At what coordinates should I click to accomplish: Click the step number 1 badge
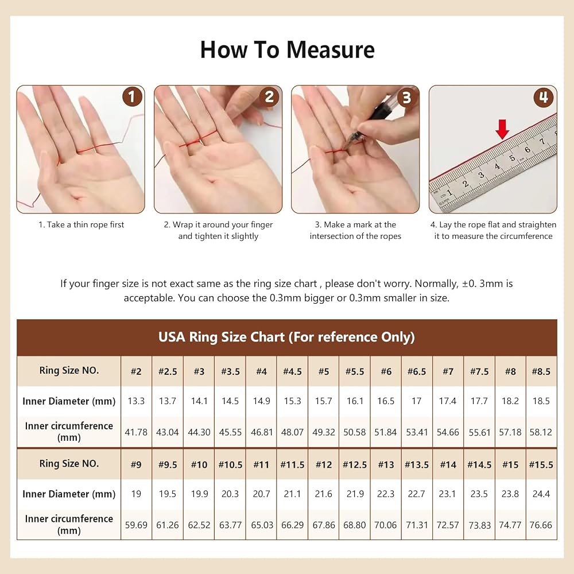(x=132, y=96)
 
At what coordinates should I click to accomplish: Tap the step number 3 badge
(x=406, y=98)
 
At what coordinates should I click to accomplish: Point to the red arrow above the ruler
(x=503, y=129)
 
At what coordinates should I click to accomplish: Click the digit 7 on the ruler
(x=542, y=141)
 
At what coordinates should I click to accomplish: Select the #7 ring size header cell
(x=448, y=371)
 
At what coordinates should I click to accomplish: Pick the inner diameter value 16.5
(x=386, y=401)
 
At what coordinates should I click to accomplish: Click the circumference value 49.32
(x=324, y=432)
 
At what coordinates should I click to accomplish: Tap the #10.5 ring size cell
(x=230, y=464)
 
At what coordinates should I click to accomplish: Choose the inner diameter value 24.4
(x=541, y=494)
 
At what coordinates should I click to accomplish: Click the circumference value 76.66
(x=541, y=525)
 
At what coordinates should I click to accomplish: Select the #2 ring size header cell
(x=136, y=371)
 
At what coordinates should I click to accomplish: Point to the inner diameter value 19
(x=136, y=494)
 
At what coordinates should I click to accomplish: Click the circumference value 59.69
(x=136, y=525)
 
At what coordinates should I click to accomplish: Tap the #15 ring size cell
(x=510, y=464)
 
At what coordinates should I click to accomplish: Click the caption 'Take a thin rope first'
(x=86, y=224)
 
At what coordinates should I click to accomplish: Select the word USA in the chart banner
(x=172, y=337)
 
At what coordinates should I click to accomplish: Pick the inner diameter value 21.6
(x=324, y=494)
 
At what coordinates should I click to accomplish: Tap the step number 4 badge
(x=544, y=98)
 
